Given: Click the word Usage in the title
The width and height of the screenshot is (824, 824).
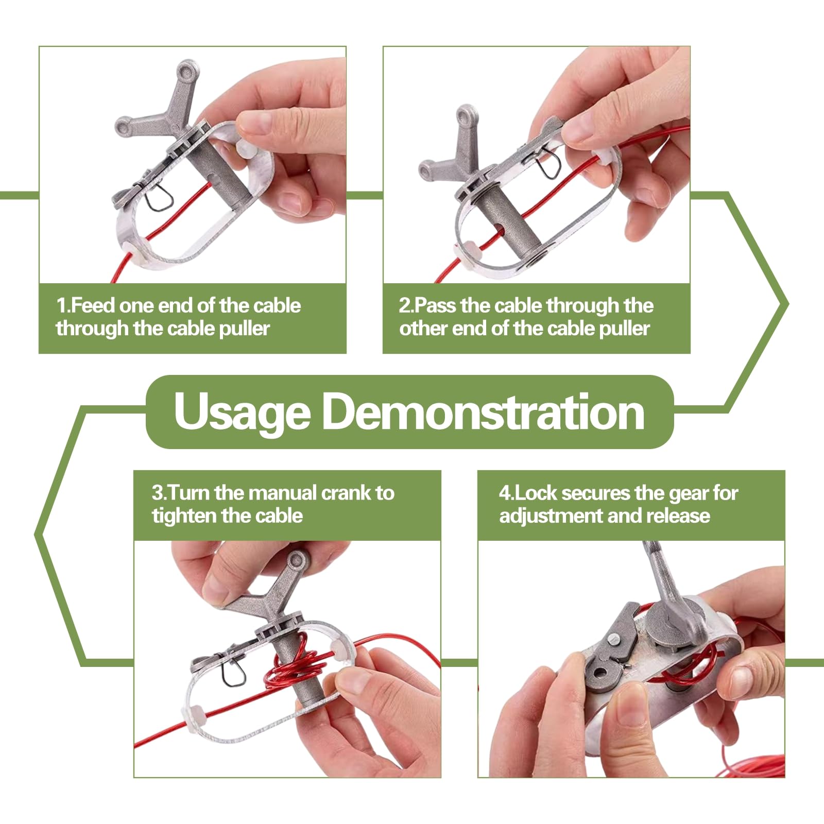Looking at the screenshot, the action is tap(242, 413).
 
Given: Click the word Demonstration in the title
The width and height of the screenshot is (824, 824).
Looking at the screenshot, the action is tap(484, 411).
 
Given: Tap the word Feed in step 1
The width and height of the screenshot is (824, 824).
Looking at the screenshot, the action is tap(93, 306).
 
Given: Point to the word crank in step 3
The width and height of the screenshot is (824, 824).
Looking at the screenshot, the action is tap(345, 493).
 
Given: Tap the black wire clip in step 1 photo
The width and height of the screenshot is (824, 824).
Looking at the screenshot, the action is tap(157, 197).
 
